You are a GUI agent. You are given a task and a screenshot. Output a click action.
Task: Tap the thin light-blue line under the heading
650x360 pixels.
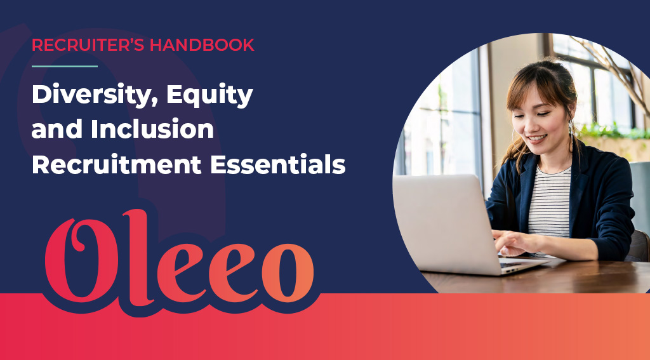pyautogui.click(x=64, y=66)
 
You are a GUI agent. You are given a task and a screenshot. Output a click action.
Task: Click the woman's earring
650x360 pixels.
pyautogui.click(x=569, y=130)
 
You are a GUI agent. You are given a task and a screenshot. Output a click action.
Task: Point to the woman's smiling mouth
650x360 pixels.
pyautogui.click(x=537, y=138)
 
